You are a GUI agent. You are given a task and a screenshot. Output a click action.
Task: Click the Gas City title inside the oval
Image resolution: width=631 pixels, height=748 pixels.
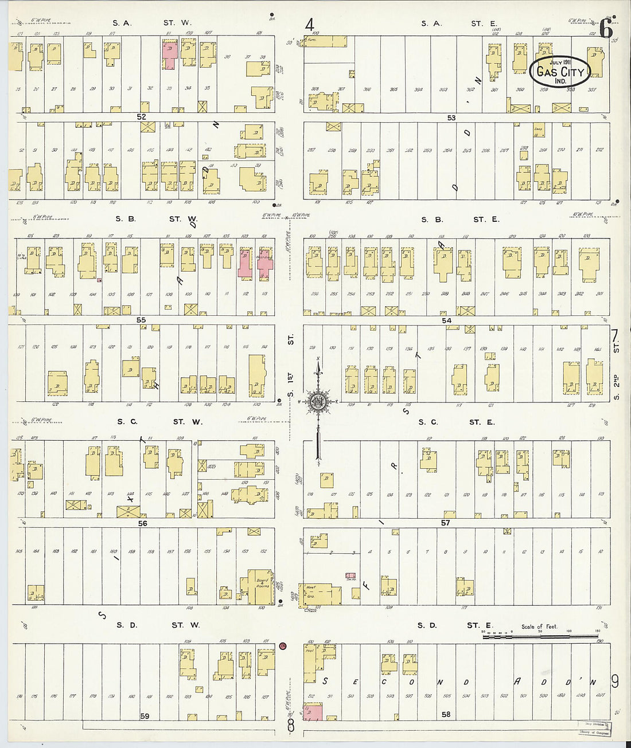tap(560, 72)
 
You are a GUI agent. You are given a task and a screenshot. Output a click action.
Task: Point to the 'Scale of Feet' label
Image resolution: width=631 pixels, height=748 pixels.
tap(539, 626)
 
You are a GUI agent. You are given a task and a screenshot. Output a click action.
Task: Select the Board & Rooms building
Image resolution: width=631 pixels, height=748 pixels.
tap(261, 586)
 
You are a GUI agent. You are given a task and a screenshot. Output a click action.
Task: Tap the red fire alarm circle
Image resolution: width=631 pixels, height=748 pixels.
tap(283, 646)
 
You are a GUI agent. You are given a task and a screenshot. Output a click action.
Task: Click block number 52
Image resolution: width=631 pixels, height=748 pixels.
tap(141, 116)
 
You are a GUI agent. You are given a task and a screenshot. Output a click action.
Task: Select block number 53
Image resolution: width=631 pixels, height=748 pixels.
tap(451, 118)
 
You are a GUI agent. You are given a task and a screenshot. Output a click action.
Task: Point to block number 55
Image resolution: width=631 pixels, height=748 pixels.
tap(141, 320)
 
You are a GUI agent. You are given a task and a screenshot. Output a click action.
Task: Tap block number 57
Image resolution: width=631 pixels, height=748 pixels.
tap(445, 523)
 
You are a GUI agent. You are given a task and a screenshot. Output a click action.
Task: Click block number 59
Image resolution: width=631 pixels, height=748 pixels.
tap(145, 716)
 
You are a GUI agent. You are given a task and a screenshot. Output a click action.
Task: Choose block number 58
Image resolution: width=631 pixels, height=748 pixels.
tap(446, 714)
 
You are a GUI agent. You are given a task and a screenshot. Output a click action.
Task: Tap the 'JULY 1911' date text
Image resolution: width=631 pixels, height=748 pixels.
tap(559, 62)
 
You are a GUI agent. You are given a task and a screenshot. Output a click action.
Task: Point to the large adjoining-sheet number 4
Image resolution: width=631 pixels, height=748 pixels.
tap(310, 25)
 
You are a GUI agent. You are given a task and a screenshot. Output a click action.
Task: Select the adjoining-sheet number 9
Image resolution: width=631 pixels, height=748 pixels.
tap(615, 681)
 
